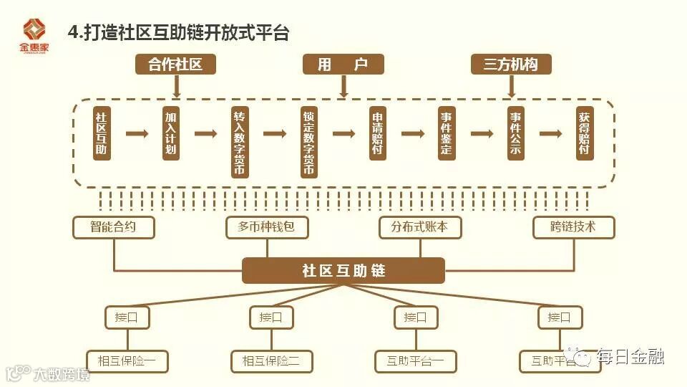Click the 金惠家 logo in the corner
coord(33,34)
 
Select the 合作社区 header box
coord(175,64)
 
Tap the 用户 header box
coord(343,64)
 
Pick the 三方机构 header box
coord(511,64)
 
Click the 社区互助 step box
coord(102,133)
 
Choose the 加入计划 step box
coord(170,133)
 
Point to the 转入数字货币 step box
coord(239,142)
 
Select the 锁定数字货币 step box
coord(308,142)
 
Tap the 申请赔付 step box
coord(378,133)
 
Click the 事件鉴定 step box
coord(447,133)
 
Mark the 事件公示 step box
coord(515,133)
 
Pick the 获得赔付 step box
coord(585,133)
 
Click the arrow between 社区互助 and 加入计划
coord(136,133)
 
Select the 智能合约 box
coord(113,228)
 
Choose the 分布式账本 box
coord(419,228)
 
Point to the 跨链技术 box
coord(573,228)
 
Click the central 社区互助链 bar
coord(343,271)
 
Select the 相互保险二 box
coord(271,361)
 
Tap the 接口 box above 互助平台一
coord(415,317)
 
